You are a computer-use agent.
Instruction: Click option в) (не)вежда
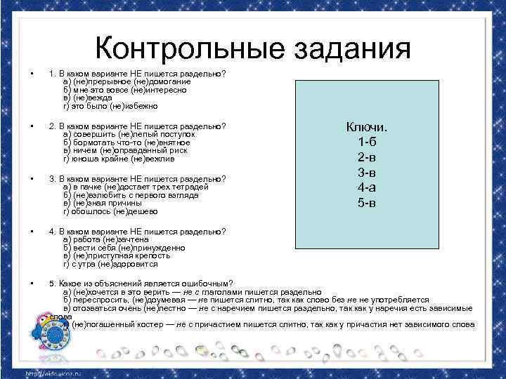click(88, 98)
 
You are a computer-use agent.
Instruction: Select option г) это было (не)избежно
click(111, 106)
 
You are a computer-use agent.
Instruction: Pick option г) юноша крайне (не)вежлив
click(119, 159)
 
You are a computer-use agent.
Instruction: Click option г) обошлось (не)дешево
click(110, 211)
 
